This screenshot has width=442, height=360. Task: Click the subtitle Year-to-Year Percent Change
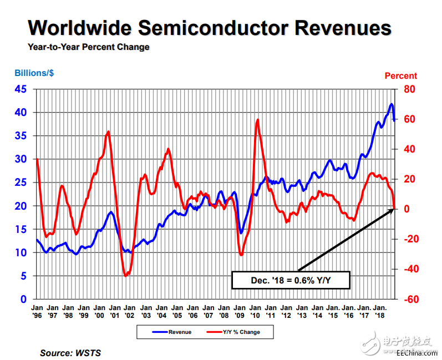click(x=89, y=47)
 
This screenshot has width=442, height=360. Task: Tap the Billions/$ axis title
click(x=34, y=73)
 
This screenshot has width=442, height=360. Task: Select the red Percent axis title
click(x=400, y=75)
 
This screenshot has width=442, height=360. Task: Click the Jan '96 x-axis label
click(x=37, y=311)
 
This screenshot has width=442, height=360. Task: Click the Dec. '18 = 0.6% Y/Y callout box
click(x=291, y=281)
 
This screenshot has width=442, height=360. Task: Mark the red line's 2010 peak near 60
click(x=257, y=120)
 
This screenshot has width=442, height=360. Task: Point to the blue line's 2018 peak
click(x=392, y=104)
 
